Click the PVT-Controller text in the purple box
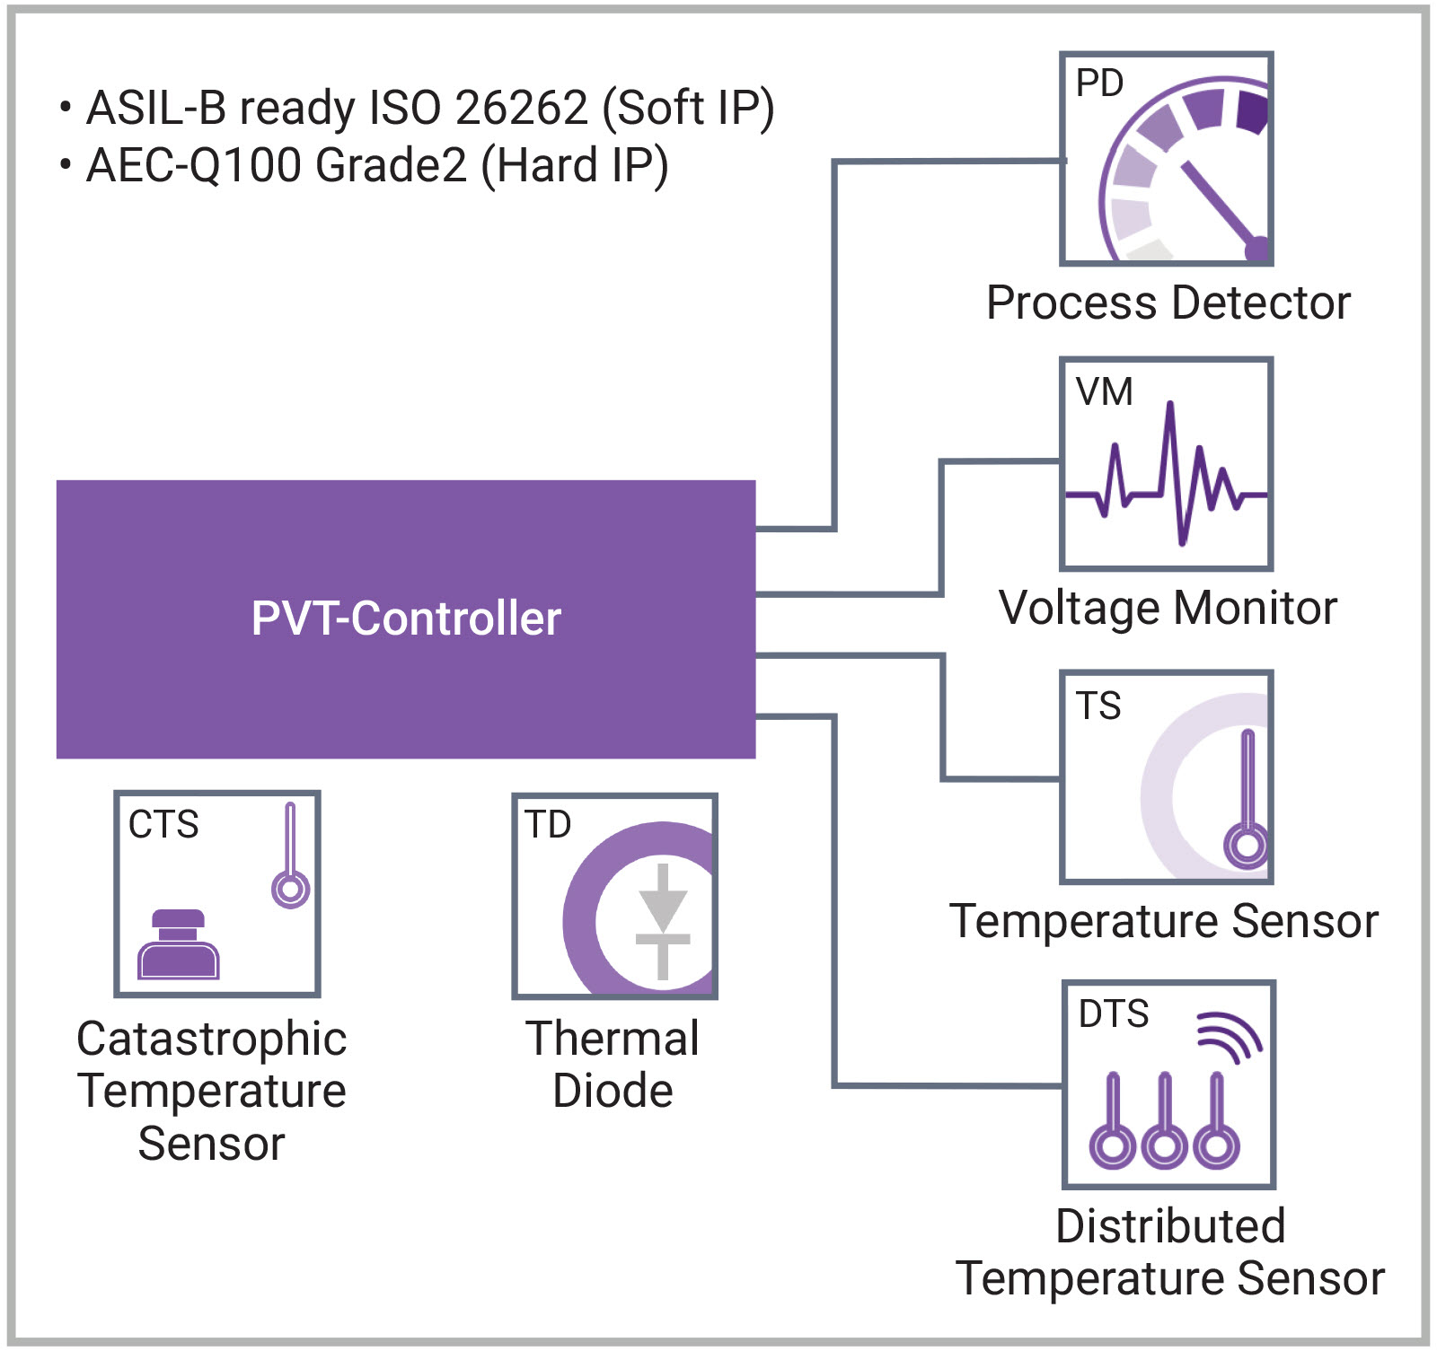[406, 618]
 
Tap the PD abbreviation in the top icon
[1099, 83]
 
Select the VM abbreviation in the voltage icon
[1104, 391]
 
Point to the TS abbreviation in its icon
[1098, 706]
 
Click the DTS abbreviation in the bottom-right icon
[1113, 1013]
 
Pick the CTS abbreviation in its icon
[163, 824]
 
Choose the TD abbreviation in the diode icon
[548, 824]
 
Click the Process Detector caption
[1168, 303]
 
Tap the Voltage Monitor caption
[1168, 608]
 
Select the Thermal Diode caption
[613, 1065]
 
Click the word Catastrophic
[212, 1040]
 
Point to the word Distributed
[1170, 1226]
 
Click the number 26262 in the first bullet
[521, 108]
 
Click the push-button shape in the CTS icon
[178, 945]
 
